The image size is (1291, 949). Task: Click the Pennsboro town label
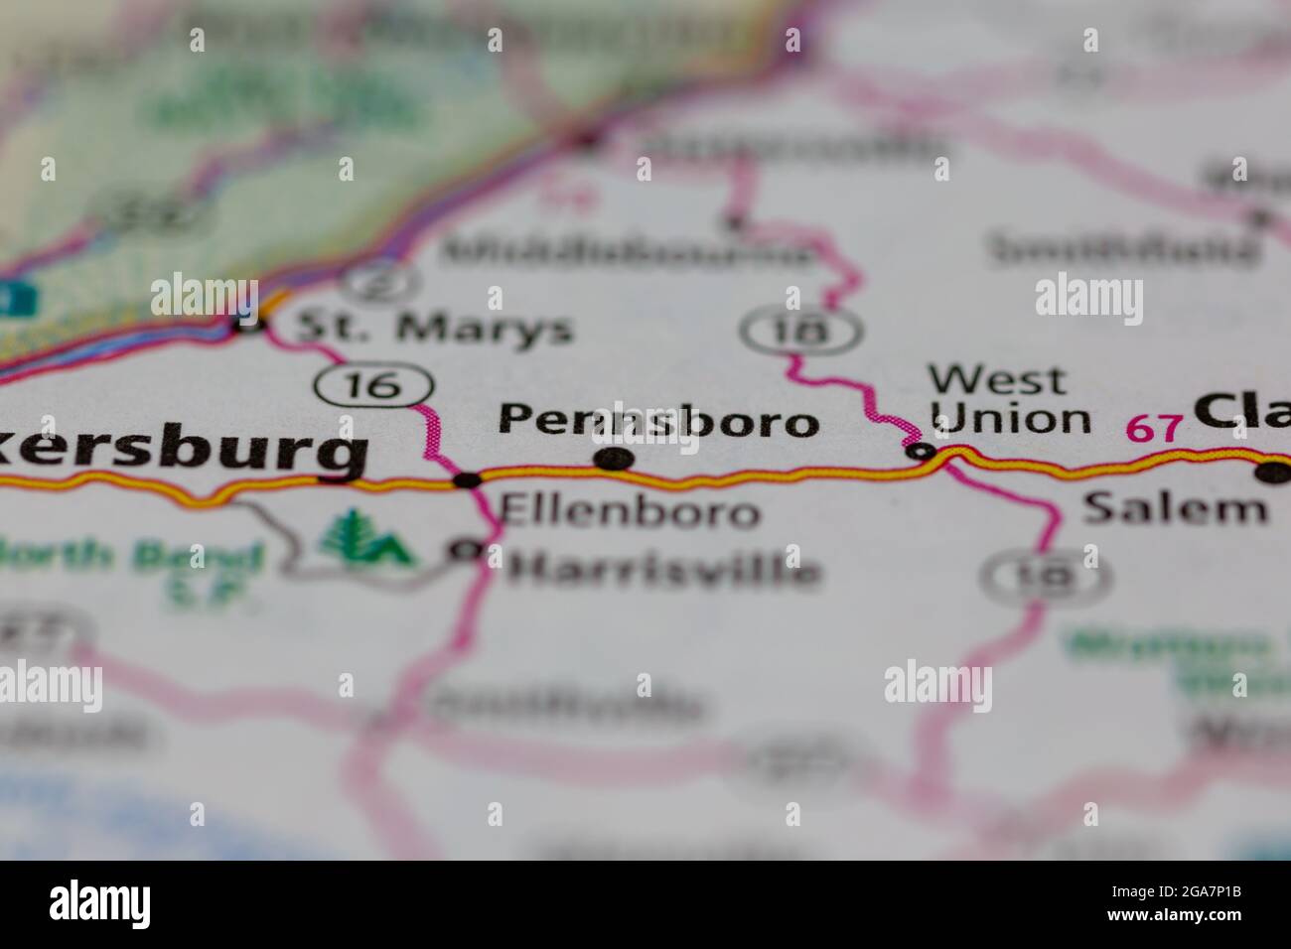click(x=658, y=421)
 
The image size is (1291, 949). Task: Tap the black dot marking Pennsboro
click(x=614, y=459)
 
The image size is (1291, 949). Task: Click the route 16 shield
click(x=374, y=385)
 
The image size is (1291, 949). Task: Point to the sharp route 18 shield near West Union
click(x=802, y=331)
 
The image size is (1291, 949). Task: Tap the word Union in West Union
click(x=1012, y=419)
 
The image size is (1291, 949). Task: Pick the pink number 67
click(x=1155, y=429)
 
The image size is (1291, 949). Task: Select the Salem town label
click(x=1175, y=508)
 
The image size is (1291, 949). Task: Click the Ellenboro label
click(x=631, y=511)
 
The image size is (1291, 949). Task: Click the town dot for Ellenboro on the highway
click(x=467, y=480)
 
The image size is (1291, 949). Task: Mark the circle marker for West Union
click(x=923, y=453)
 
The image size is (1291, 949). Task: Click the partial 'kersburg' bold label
click(x=183, y=451)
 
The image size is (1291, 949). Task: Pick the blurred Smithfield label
click(x=1123, y=248)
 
